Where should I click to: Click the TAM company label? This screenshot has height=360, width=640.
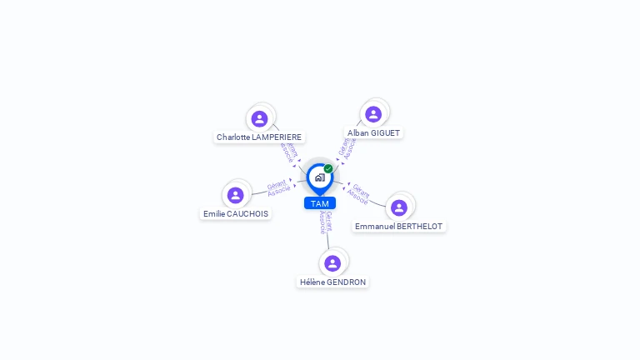pyautogui.click(x=319, y=203)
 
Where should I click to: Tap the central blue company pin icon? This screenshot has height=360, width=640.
pyautogui.click(x=319, y=177)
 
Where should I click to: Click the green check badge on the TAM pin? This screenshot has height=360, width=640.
pyautogui.click(x=328, y=168)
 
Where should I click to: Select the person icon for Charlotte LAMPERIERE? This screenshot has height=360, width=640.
pyautogui.click(x=259, y=119)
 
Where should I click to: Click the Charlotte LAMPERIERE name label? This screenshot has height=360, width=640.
pyautogui.click(x=259, y=137)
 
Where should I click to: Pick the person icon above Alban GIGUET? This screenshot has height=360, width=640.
pyautogui.click(x=373, y=114)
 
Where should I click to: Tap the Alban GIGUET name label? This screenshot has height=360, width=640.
pyautogui.click(x=373, y=132)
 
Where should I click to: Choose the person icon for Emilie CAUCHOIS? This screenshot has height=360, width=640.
pyautogui.click(x=236, y=195)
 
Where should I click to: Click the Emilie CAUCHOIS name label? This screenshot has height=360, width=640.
pyautogui.click(x=236, y=213)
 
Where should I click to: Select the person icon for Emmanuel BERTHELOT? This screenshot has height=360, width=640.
pyautogui.click(x=399, y=207)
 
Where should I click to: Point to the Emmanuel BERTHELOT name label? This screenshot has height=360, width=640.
pyautogui.click(x=399, y=226)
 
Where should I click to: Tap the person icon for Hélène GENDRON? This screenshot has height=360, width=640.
pyautogui.click(x=332, y=263)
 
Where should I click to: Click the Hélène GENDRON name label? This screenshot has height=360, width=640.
pyautogui.click(x=332, y=282)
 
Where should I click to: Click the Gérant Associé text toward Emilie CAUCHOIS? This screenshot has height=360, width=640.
pyautogui.click(x=277, y=188)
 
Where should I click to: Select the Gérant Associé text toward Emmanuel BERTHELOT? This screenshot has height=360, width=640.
pyautogui.click(x=359, y=194)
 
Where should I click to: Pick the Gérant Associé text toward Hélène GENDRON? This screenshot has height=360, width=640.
pyautogui.click(x=326, y=222)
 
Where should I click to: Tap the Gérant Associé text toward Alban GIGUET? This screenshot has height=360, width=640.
pyautogui.click(x=347, y=147)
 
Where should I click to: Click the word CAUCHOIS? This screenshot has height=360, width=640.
pyautogui.click(x=249, y=213)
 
